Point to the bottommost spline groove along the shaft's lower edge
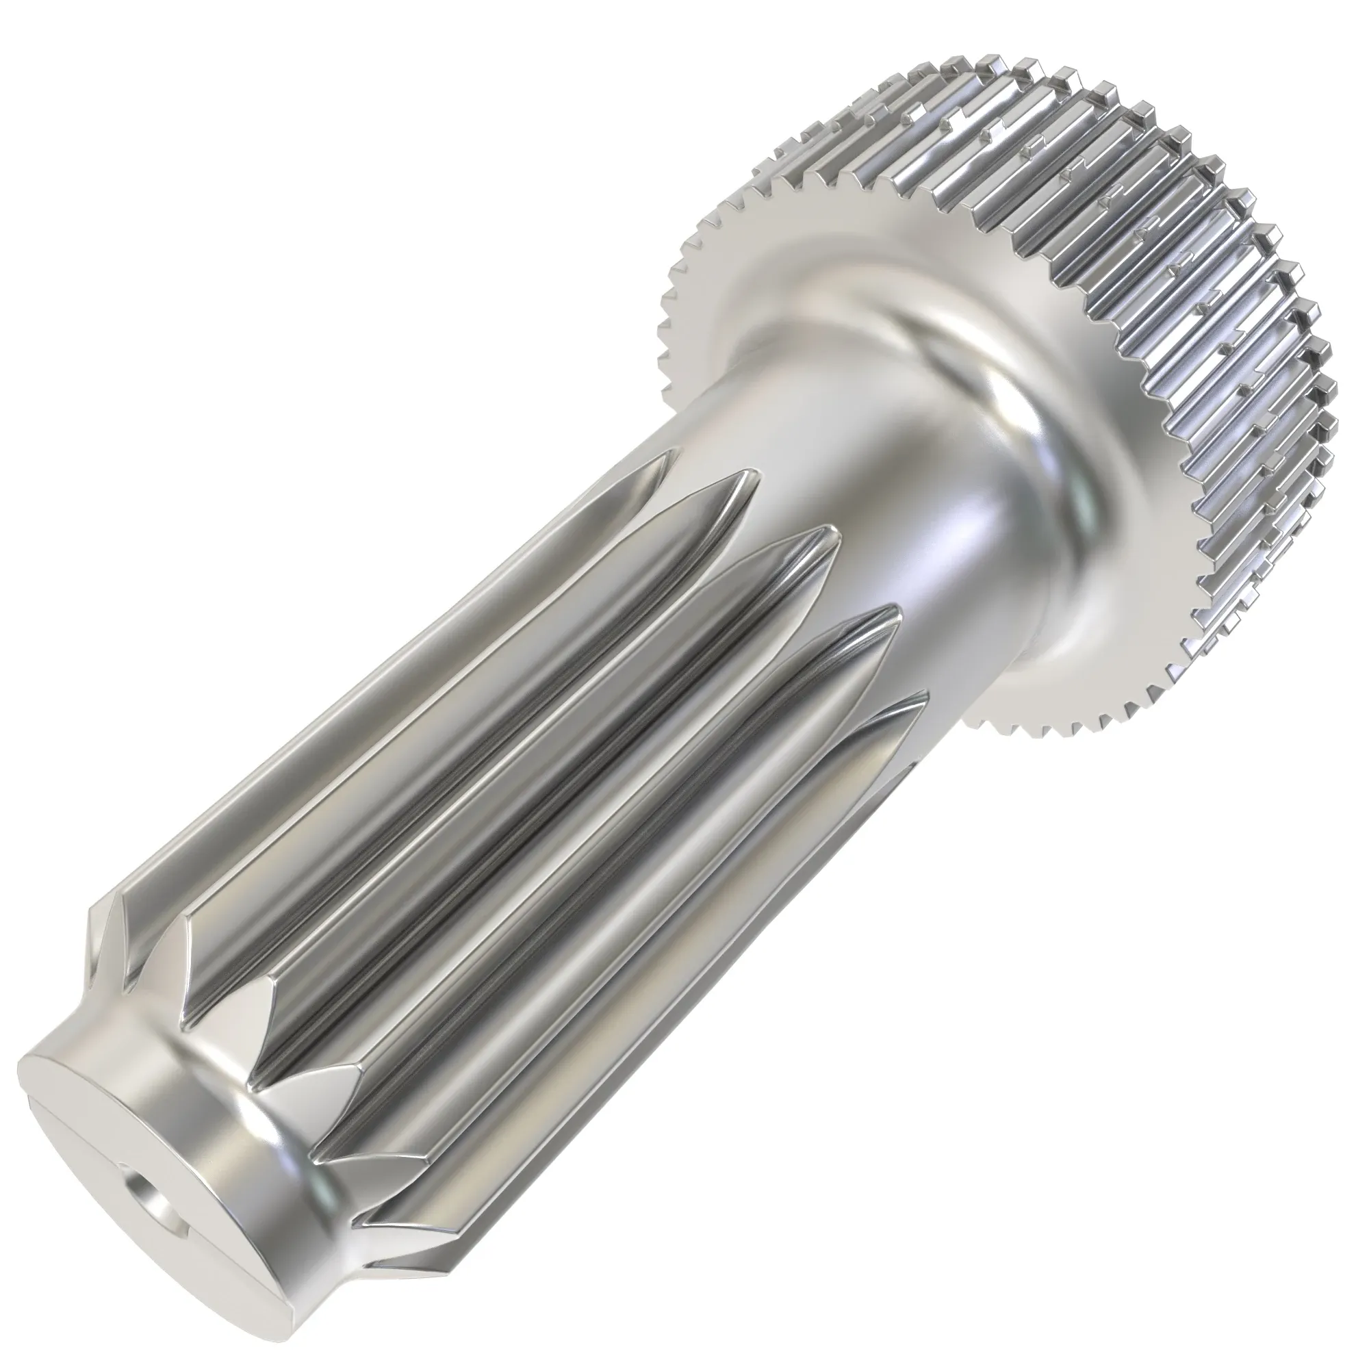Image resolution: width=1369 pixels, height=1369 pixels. (638, 1063)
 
